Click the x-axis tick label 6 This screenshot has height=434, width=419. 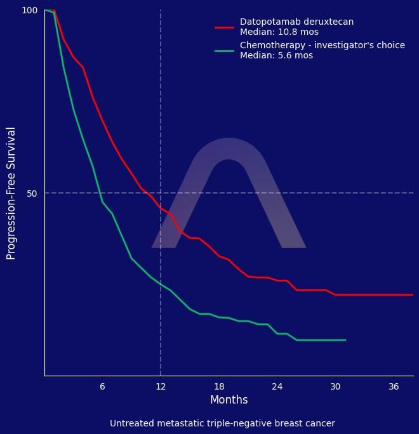pos(102,386)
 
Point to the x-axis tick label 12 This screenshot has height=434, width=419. pos(161,386)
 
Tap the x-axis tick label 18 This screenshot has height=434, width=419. pos(219,386)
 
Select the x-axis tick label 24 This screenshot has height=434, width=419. pos(277,386)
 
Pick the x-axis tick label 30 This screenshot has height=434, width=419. pos(335,386)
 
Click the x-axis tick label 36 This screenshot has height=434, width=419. pos(394,386)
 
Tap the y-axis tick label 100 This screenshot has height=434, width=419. pos(30,10)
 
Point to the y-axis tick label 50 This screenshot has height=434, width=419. pos(32,193)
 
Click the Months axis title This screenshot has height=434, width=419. pos(229,400)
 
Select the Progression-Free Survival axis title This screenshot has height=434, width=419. pos(11,193)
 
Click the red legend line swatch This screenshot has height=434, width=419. pos(225,27)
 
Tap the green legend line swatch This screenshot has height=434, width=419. pos(225,51)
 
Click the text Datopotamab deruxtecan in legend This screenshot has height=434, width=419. pos(296,22)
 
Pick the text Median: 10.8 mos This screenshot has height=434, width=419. pos(279,32)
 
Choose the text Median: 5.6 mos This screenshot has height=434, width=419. pos(276,55)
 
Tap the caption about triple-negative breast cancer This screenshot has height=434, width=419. pos(222,423)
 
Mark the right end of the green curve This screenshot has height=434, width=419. pos(345,340)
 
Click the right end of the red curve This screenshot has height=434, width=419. pos(413,294)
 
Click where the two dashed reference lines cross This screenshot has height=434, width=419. pos(161,193)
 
